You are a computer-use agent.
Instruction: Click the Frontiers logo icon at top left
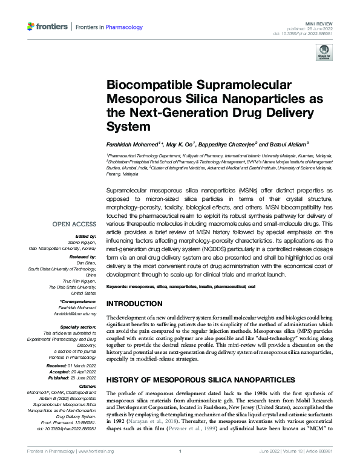click(x=32, y=27)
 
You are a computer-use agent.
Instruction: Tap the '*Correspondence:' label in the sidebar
click(x=79, y=301)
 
